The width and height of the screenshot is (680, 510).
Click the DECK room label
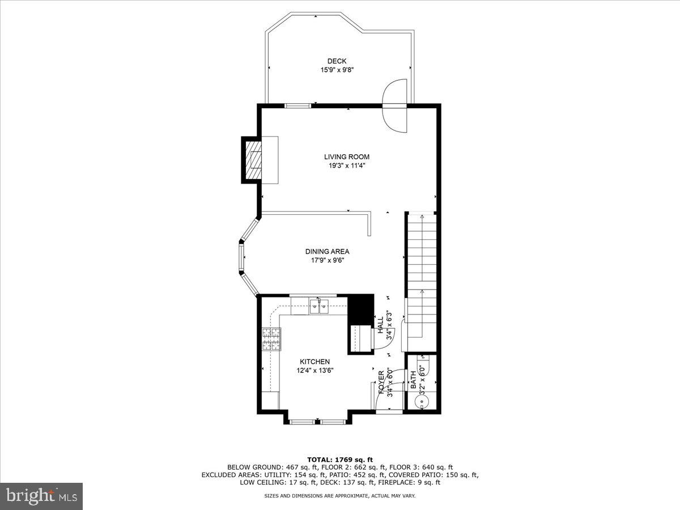point(337,61)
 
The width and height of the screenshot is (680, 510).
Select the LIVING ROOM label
point(347,157)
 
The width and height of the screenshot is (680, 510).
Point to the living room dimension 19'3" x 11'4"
point(347,166)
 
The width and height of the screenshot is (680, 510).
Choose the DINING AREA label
point(327,252)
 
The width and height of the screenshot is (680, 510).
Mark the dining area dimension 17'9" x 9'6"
point(327,261)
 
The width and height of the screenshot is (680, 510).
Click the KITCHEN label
point(314,362)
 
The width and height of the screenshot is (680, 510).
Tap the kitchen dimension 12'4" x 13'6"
point(314,371)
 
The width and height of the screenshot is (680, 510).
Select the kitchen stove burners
point(271,339)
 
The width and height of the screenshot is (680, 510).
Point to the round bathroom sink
point(420,402)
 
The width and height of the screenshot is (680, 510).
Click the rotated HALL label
point(380,325)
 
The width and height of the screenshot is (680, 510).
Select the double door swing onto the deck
point(394,105)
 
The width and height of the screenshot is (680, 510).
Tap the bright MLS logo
point(41,496)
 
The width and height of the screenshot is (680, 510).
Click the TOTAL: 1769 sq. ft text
point(339,460)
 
